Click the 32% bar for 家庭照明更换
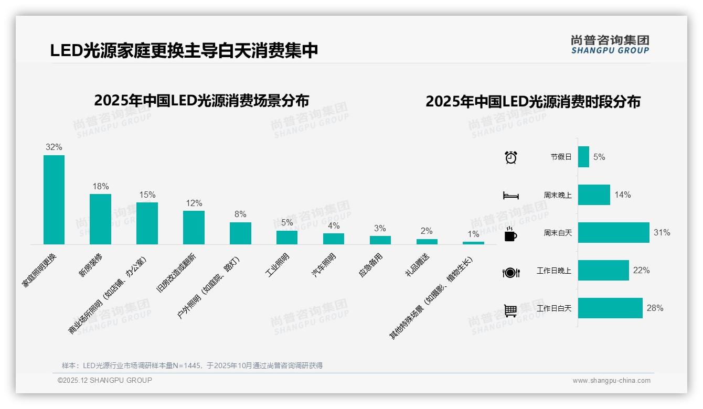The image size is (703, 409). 54,200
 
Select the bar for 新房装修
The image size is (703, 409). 100,219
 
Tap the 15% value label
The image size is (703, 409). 147,195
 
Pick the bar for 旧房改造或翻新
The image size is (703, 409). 194,228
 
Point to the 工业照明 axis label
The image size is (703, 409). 279,265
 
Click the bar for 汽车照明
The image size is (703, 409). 334,239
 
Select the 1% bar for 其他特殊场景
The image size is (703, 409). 473,243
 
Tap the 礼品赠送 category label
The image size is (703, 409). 418,265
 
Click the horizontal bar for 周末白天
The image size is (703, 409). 613,232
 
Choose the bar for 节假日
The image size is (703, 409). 583,157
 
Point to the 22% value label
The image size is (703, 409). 641,271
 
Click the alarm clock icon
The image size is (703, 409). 510,157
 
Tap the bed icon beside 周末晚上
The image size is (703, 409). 510,195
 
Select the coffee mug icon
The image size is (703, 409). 510,234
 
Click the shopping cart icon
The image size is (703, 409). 510,310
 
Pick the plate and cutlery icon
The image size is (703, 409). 510,272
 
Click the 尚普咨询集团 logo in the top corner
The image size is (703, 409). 610,44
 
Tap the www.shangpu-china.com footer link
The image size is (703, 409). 611,381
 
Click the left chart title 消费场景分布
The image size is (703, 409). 201,100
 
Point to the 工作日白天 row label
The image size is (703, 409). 554,308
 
